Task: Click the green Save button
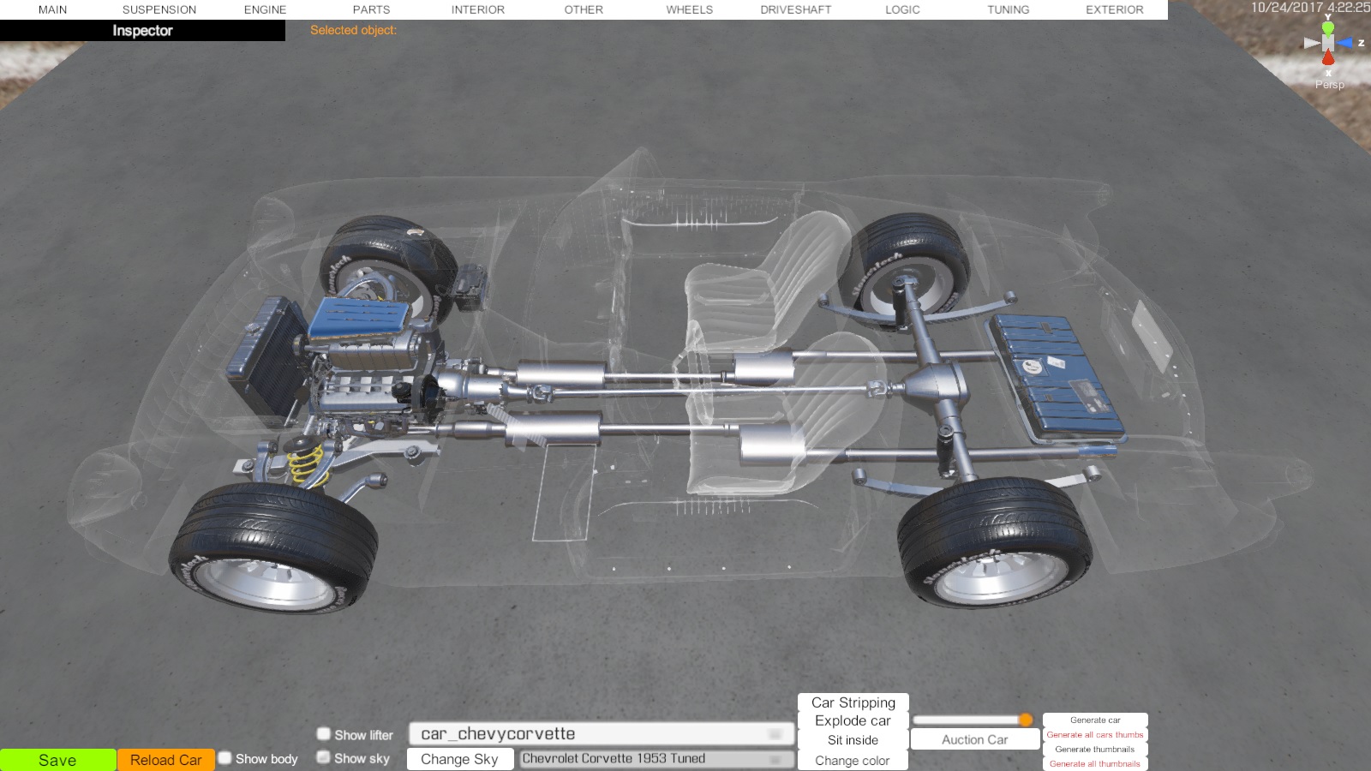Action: point(57,760)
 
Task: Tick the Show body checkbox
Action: point(225,758)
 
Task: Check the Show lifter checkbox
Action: point(324,733)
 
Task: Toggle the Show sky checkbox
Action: point(324,757)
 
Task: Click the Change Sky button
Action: point(459,759)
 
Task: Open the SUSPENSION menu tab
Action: point(159,9)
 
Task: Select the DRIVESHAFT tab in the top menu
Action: point(796,9)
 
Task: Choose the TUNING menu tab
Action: point(1008,9)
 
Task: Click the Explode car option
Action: point(853,720)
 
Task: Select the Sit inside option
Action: point(853,740)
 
